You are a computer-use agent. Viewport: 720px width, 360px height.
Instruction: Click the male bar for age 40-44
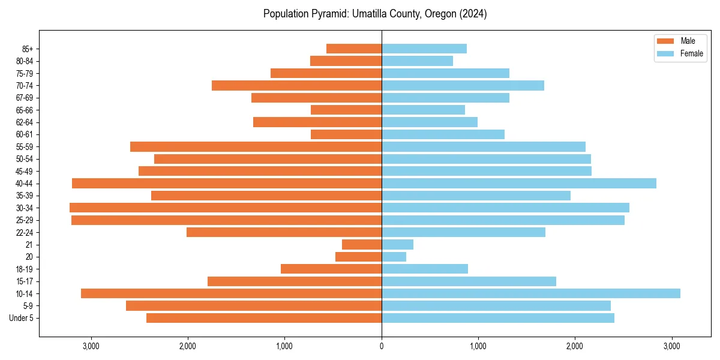[227, 183]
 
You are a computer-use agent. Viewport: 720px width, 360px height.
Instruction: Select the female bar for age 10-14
[531, 293]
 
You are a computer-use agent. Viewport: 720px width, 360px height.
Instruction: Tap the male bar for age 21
[362, 244]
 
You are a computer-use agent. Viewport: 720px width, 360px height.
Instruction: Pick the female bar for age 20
[394, 257]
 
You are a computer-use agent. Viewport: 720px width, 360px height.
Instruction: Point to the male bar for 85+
[354, 49]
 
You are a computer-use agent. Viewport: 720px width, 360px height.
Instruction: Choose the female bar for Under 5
[498, 318]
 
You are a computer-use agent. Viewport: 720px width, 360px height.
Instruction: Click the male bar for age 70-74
[296, 85]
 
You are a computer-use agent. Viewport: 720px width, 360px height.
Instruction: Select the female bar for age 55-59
[484, 146]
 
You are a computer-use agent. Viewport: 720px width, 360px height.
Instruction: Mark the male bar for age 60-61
[346, 134]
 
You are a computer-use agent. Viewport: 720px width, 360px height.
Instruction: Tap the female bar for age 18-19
[425, 269]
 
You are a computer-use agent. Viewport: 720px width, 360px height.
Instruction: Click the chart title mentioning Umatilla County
[375, 14]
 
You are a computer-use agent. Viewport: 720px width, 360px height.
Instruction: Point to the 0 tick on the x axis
[382, 346]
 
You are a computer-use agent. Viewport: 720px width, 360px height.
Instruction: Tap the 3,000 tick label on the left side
[91, 346]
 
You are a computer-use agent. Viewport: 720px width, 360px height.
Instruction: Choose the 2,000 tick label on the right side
[575, 346]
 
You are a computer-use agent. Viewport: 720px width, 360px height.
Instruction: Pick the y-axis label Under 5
[22, 318]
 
